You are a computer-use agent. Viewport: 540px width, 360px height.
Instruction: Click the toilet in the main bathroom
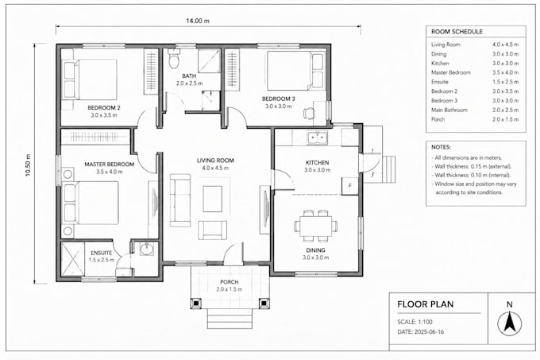coord(174,59)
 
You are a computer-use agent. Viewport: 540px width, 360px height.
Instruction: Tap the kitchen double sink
coord(318,138)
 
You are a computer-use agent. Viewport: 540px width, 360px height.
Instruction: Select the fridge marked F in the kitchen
coord(350,186)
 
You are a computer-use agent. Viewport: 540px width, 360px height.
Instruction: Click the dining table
coord(315,226)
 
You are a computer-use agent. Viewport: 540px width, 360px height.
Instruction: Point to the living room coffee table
coord(213,199)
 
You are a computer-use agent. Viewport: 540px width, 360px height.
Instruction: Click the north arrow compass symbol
coord(509,323)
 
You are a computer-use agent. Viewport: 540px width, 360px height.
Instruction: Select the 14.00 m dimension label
coord(198,21)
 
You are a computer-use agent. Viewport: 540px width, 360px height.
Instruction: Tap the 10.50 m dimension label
coord(28,165)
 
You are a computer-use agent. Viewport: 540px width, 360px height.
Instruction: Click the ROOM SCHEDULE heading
coord(457,32)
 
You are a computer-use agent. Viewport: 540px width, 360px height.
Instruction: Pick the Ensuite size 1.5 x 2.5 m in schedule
coord(505,82)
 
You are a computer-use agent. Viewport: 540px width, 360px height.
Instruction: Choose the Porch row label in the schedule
coord(438,119)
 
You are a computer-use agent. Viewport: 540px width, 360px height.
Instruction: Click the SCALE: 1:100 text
coord(415,322)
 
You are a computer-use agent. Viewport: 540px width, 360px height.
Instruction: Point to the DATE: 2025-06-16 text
coord(421,332)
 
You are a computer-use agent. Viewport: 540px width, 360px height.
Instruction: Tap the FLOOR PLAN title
coord(426,304)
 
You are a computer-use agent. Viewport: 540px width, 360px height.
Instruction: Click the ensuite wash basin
coord(147,249)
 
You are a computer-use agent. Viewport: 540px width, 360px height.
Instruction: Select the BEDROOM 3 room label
coord(278,99)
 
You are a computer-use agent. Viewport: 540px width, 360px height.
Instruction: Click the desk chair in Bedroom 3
coord(309,113)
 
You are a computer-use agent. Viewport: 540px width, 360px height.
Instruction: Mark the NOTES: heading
coord(441,147)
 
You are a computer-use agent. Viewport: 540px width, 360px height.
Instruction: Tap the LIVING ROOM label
coord(215,161)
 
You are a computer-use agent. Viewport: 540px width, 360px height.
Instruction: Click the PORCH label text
coord(229,282)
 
